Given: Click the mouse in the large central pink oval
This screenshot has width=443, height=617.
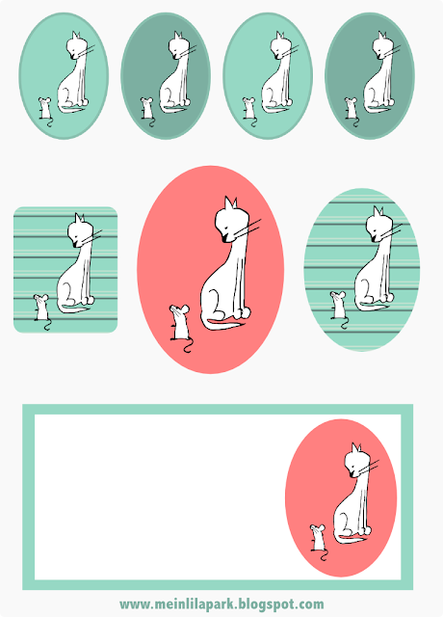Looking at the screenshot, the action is coord(180,324).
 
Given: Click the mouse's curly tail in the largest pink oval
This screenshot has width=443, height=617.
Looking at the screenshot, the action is coord(187,345).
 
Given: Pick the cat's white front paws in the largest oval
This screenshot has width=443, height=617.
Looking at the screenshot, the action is coord(241,312).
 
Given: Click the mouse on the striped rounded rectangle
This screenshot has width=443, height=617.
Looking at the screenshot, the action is coord(41,308).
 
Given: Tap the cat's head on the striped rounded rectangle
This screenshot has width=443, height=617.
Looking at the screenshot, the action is coord(80,231).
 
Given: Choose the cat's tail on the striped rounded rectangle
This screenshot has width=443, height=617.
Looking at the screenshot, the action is coord(73,308).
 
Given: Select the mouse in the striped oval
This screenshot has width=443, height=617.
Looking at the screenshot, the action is coord(338,307).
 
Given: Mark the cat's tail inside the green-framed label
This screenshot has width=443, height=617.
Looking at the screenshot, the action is coord(351,538).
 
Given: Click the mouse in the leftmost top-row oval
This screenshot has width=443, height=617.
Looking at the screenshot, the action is coord(45,110).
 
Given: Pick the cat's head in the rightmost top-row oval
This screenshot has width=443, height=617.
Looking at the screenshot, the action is coord(382,45).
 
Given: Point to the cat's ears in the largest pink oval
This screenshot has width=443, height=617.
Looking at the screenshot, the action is coord(230,203).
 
